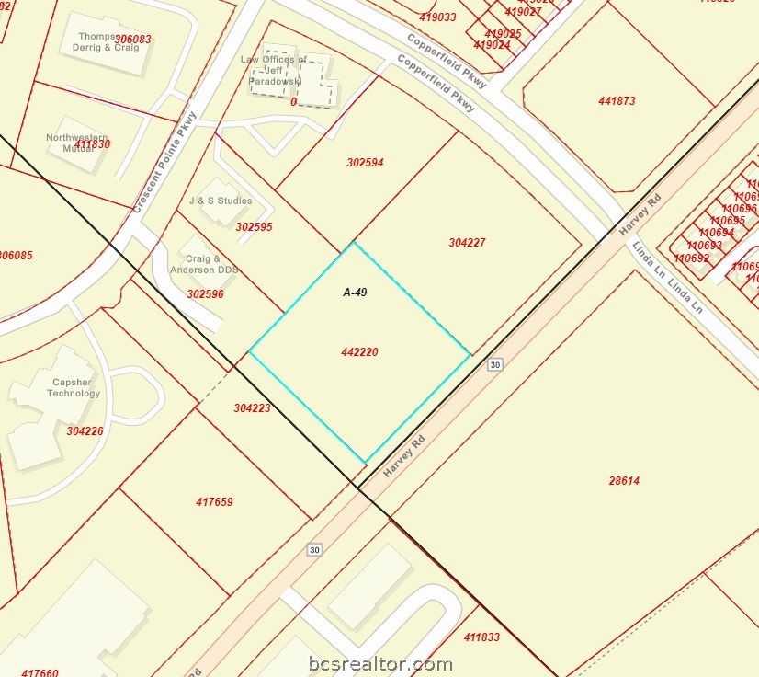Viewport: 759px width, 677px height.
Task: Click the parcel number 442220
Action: (x=359, y=352)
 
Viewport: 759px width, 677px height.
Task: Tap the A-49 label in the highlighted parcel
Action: (x=356, y=293)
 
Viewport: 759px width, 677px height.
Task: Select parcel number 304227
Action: (x=467, y=243)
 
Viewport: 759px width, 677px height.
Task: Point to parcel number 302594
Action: (x=365, y=163)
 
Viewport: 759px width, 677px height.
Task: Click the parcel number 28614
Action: (x=624, y=480)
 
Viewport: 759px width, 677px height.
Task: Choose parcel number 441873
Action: (x=617, y=101)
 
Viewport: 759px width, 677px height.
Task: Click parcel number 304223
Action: (x=252, y=407)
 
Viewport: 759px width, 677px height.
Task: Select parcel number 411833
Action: (x=481, y=637)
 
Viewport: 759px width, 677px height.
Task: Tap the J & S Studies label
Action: (x=221, y=201)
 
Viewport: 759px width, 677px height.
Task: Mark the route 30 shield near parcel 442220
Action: (x=495, y=365)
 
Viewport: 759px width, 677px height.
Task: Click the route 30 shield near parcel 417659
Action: (x=314, y=549)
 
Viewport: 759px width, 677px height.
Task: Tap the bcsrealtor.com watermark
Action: (x=379, y=663)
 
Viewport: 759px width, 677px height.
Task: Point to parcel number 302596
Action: (x=205, y=294)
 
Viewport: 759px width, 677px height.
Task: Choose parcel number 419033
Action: (x=437, y=17)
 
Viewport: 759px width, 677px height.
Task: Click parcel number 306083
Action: (x=133, y=40)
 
